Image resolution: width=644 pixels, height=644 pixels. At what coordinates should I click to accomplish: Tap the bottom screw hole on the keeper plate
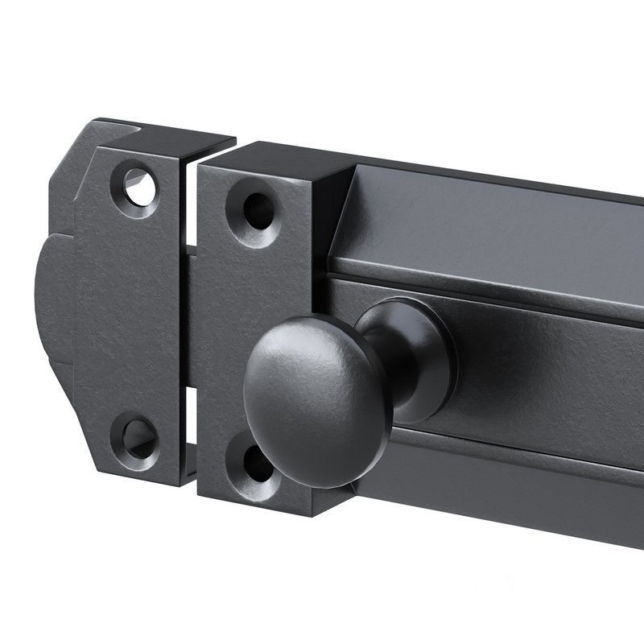tap(134, 435)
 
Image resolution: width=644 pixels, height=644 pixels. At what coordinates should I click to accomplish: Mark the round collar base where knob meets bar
tap(427, 354)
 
